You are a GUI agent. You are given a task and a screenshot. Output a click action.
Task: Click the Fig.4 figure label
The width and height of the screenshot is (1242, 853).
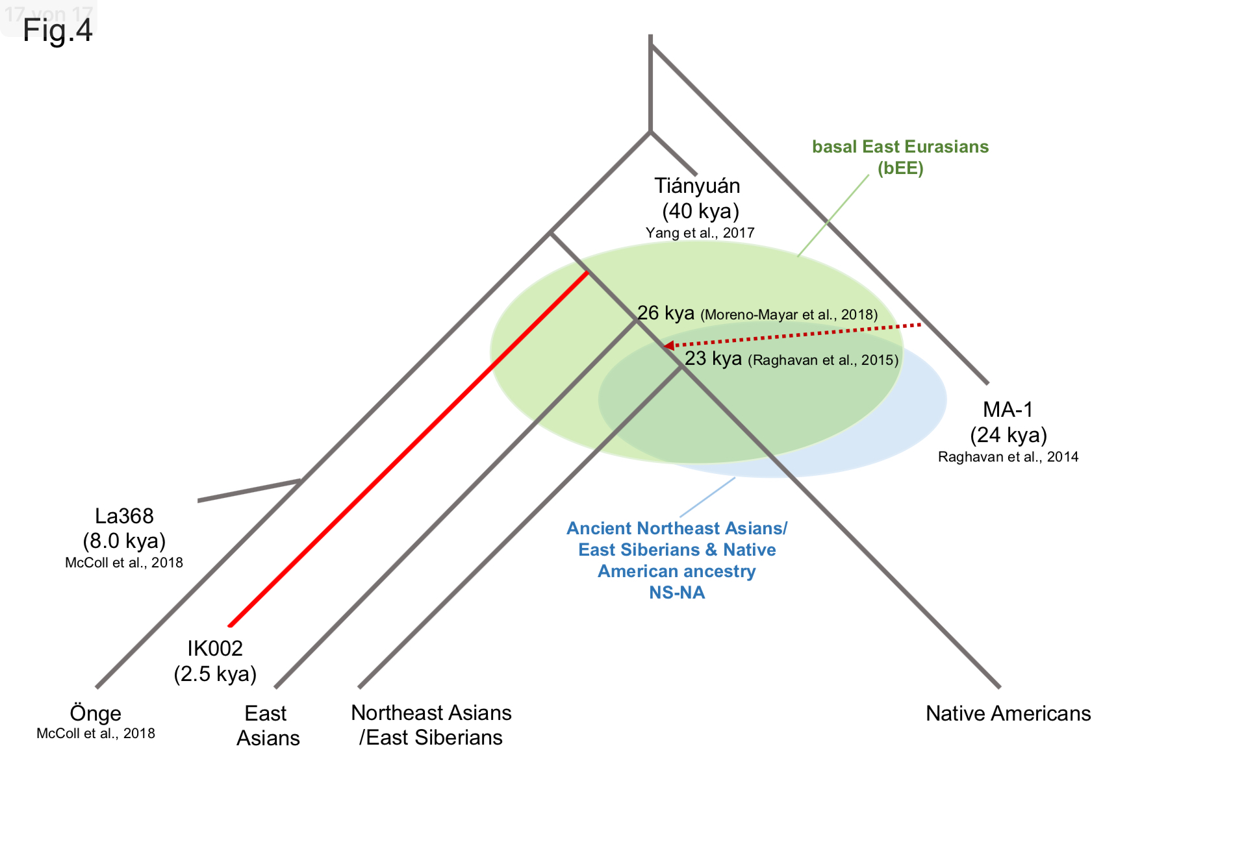(58, 31)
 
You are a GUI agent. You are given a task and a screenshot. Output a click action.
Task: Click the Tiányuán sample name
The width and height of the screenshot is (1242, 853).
(697, 186)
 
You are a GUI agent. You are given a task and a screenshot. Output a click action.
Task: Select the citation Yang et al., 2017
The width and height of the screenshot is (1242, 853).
(700, 233)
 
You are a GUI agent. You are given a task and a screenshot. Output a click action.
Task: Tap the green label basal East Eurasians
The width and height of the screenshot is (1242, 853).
(900, 147)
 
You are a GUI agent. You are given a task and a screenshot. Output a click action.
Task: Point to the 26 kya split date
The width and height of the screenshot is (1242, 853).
(665, 313)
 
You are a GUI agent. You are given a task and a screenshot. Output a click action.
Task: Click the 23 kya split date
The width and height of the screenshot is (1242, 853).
(713, 358)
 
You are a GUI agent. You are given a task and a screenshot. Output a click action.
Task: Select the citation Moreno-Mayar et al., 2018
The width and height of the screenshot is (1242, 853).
(789, 315)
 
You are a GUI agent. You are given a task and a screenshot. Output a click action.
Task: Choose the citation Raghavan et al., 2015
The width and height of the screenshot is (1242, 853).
(823, 360)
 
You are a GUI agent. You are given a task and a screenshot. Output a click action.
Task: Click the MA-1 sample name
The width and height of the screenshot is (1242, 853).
(1008, 410)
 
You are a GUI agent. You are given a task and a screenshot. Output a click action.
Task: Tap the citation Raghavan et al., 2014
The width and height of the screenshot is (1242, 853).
(1008, 457)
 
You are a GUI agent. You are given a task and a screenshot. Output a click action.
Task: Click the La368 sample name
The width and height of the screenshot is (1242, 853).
(124, 516)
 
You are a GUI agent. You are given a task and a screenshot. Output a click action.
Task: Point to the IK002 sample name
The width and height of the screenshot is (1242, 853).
(215, 649)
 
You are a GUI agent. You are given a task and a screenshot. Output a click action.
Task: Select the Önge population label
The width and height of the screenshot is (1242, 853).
(95, 713)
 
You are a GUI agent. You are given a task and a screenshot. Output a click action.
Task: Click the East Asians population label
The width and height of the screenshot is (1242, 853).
(268, 726)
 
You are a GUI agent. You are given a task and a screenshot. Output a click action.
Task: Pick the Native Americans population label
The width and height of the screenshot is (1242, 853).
(1008, 713)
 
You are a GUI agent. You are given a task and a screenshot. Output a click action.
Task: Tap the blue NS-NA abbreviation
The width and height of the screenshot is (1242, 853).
(677, 593)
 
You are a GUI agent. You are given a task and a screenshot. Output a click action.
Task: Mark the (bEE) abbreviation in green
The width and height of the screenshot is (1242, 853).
(900, 169)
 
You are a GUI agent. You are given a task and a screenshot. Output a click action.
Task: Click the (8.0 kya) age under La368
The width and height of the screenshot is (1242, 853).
(124, 541)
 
